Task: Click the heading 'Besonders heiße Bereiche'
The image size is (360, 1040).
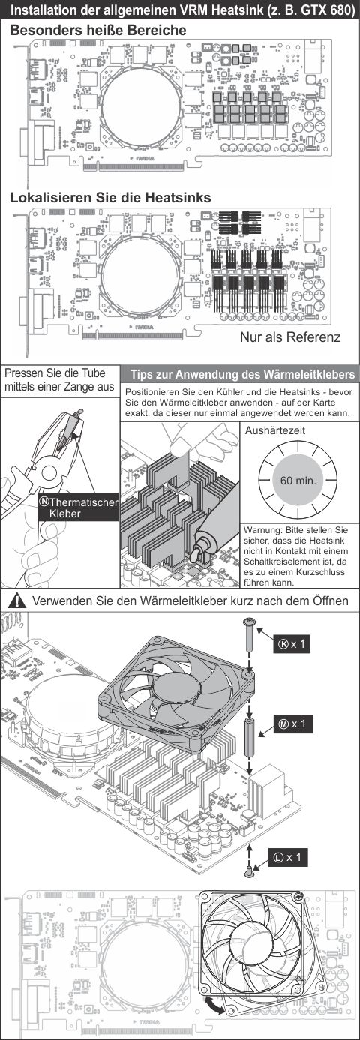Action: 98,31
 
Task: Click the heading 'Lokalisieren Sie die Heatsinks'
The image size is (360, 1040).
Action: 110,198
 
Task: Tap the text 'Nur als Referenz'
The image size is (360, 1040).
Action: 289,337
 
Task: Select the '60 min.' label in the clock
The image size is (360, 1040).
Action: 298,480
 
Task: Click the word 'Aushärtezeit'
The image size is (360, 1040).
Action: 275,431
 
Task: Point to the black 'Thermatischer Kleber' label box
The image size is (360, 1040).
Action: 78,507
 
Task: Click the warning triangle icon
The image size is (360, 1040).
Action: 19,601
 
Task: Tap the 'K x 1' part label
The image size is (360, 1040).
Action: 291,645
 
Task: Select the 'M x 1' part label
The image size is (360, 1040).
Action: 292,724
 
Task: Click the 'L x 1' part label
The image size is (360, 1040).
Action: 287,856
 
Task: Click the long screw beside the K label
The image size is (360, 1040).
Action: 250,637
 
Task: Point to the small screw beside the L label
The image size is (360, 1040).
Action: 250,871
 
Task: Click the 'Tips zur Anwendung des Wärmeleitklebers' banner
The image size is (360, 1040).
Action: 240,374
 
